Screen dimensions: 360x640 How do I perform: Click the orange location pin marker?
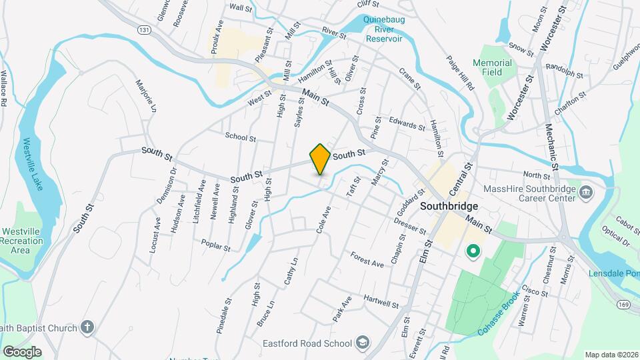pyautogui.click(x=320, y=159)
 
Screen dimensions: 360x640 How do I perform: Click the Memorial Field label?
pyautogui.click(x=492, y=68)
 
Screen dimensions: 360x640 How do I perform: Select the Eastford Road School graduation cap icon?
pyautogui.click(x=362, y=343)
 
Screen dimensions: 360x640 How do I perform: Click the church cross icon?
pyautogui.click(x=86, y=327)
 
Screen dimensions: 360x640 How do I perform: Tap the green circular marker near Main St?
pyautogui.click(x=473, y=251)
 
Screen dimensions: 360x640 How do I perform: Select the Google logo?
pyautogui.click(x=21, y=351)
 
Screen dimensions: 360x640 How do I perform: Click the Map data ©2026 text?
pyautogui.click(x=611, y=355)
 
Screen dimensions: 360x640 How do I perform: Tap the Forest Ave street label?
pyautogui.click(x=367, y=259)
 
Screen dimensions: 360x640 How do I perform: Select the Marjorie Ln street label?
pyautogui.click(x=149, y=96)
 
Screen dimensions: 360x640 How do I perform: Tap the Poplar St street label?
pyautogui.click(x=215, y=246)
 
